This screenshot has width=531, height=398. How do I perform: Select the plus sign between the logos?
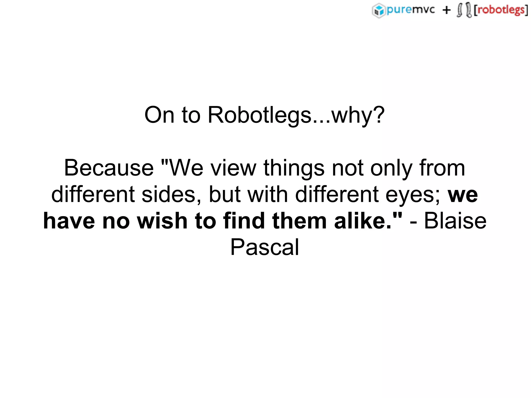tap(446, 10)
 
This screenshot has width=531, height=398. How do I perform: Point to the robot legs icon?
tap(464, 10)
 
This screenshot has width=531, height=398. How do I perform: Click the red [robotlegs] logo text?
tap(501, 10)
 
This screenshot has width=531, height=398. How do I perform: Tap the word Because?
tap(109, 168)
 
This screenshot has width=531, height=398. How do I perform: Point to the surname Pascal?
tap(265, 247)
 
